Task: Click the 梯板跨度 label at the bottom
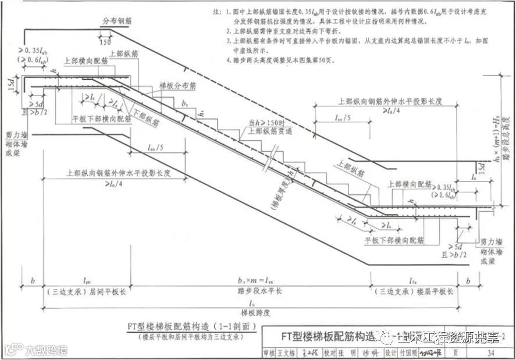[256, 312]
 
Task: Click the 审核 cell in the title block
[269, 353]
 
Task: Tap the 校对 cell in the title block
[330, 353]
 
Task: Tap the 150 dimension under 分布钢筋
[105, 43]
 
